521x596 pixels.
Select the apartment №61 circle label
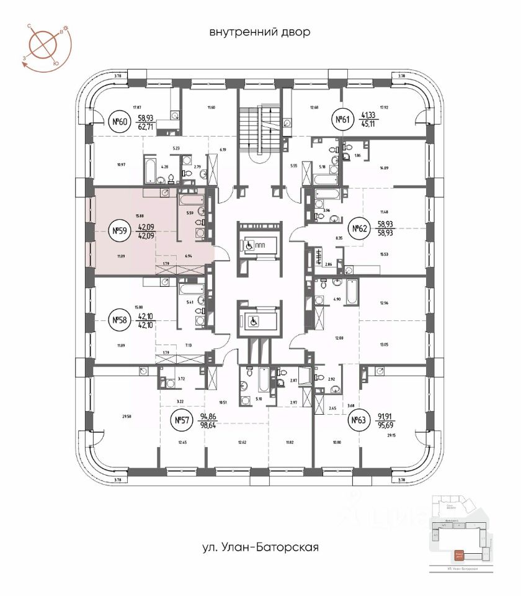[x=341, y=120]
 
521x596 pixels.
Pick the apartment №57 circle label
[x=180, y=421]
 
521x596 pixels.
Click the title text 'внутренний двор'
[x=259, y=31]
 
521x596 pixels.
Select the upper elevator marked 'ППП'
[x=257, y=245]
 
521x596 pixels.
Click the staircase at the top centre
[x=260, y=127]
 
